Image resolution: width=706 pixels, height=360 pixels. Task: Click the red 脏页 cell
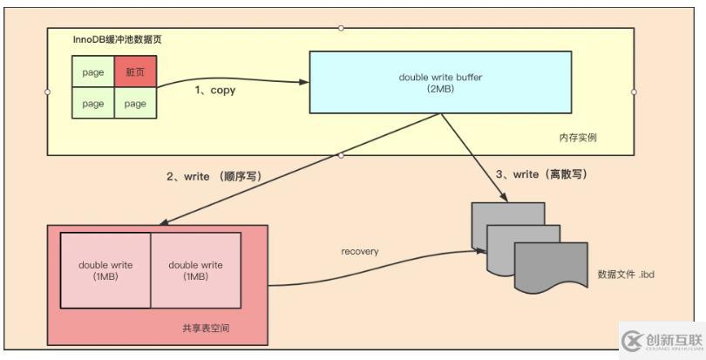click(x=135, y=73)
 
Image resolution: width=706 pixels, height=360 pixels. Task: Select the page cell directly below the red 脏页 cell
click(x=135, y=104)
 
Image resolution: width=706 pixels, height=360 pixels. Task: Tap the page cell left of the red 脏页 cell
click(x=93, y=73)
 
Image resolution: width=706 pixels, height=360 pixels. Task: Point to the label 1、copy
click(x=214, y=90)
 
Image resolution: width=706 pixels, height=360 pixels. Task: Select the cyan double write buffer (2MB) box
click(x=440, y=84)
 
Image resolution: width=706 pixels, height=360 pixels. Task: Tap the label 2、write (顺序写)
click(x=214, y=176)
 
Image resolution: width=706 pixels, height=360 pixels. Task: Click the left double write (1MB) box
click(x=105, y=269)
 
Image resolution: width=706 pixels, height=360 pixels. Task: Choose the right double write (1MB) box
click(x=195, y=269)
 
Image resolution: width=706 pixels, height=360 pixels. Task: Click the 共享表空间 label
click(x=203, y=328)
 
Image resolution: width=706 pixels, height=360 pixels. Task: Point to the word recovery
click(x=360, y=251)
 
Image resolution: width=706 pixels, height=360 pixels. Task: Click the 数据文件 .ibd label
click(x=626, y=275)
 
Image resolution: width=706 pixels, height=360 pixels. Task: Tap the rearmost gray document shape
click(x=506, y=223)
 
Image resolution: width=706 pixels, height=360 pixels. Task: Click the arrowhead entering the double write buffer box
click(x=305, y=83)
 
